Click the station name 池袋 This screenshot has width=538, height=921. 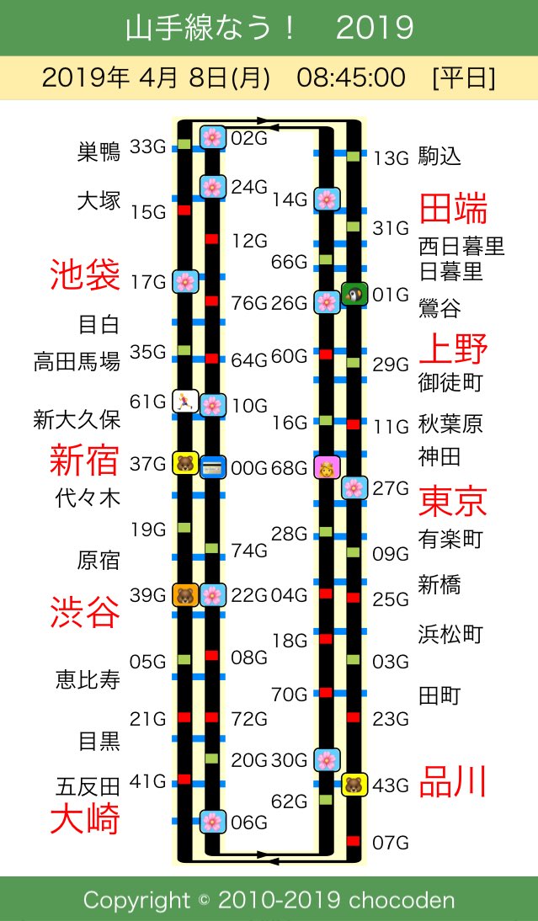click(85, 275)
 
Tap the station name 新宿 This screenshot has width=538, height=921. click(84, 461)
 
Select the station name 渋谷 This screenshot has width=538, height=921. click(85, 611)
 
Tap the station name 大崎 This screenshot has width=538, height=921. click(85, 818)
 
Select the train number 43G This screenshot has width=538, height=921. click(391, 785)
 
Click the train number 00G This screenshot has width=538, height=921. click(249, 466)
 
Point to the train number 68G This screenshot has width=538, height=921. click(290, 467)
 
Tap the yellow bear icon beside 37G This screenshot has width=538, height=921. click(184, 462)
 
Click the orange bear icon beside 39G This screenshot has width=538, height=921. click(184, 595)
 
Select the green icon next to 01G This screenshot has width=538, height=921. click(354, 294)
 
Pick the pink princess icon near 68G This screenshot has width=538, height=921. click(326, 466)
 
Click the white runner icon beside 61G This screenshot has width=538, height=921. click(184, 402)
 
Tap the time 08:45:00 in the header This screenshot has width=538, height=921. click(351, 78)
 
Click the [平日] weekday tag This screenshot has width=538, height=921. click(463, 78)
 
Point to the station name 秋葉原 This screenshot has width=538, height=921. click(451, 423)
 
